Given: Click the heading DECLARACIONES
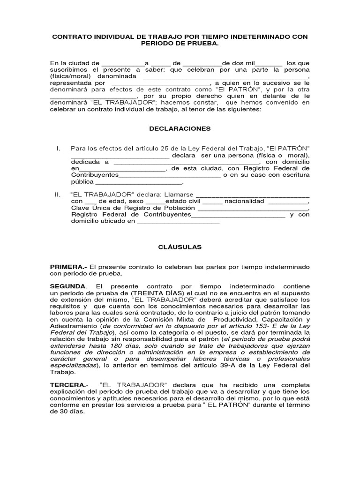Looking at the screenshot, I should click(180, 128).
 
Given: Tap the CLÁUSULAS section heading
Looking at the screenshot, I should click(180, 247).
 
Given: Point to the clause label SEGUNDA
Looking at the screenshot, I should click(67, 286).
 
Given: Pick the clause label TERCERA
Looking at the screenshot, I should click(67, 384).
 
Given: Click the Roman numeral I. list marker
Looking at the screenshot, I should click(58, 149).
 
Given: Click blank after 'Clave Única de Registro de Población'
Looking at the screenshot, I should click(253, 209).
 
